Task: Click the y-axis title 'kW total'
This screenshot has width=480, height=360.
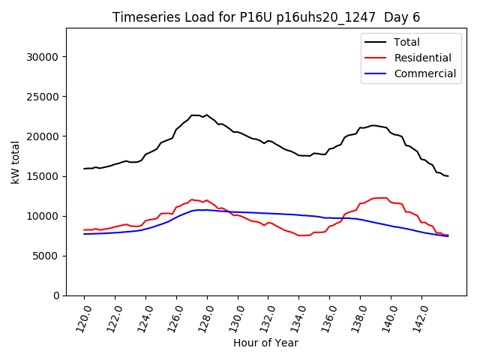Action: [16, 162]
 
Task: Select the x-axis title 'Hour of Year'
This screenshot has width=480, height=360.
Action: [265, 343]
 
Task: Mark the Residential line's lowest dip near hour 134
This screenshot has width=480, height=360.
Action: [300, 235]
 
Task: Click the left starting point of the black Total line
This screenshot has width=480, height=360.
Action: [84, 169]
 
